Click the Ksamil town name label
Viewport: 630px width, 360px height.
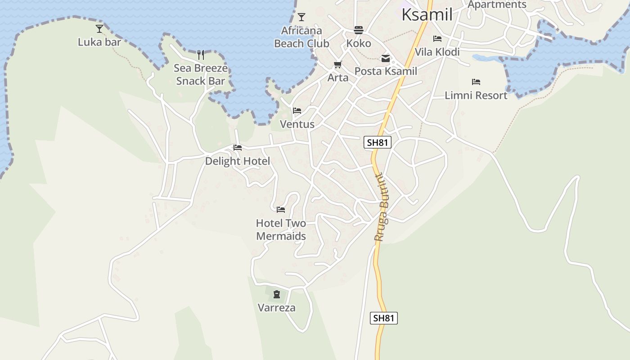tap(427, 14)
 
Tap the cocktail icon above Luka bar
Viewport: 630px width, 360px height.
tap(99, 29)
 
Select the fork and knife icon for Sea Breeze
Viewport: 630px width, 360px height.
tap(201, 55)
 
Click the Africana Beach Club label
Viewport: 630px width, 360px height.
tap(301, 37)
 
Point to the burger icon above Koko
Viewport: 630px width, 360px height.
tap(359, 30)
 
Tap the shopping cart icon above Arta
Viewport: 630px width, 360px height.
tap(338, 65)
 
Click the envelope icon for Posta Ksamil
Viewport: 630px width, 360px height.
tap(386, 58)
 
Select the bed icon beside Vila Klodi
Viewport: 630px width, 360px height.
tap(437, 39)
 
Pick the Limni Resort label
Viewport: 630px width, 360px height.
tap(476, 95)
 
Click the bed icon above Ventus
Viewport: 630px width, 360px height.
tap(297, 111)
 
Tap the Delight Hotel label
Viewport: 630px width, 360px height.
tap(238, 161)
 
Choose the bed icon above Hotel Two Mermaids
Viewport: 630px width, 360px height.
tap(281, 210)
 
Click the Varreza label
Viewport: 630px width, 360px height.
tap(277, 308)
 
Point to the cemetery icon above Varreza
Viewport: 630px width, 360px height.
tap(277, 295)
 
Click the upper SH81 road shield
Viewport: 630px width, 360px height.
tap(377, 143)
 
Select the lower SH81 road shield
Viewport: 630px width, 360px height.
tap(384, 318)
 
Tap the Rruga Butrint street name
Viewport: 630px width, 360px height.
tap(381, 207)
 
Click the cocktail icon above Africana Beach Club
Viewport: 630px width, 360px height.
tap(301, 17)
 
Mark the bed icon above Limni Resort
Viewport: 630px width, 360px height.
tap(476, 82)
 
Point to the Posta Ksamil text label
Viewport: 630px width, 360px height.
tap(386, 71)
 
